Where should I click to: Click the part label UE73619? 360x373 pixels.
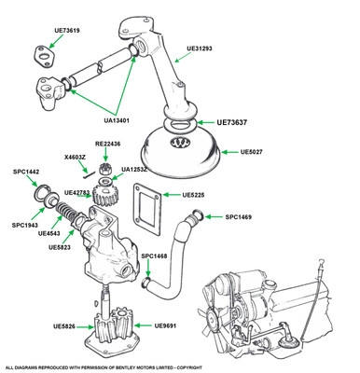(67, 31)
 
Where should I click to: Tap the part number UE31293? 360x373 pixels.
(200, 48)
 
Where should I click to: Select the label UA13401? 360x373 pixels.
(117, 120)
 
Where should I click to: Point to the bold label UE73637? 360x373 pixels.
(232, 122)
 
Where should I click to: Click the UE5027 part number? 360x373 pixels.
(252, 152)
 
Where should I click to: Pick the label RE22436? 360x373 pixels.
(107, 145)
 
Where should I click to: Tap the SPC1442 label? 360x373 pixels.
(26, 172)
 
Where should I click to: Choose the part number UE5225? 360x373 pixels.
(193, 195)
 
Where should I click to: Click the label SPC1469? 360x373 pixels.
(239, 216)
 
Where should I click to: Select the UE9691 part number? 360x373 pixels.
(165, 325)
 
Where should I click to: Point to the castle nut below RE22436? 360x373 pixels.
(104, 169)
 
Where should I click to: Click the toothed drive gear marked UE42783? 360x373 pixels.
(102, 195)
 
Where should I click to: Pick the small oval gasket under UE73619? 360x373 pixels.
(44, 56)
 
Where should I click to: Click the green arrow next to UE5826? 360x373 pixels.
(85, 326)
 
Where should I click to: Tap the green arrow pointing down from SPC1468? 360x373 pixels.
(148, 269)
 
